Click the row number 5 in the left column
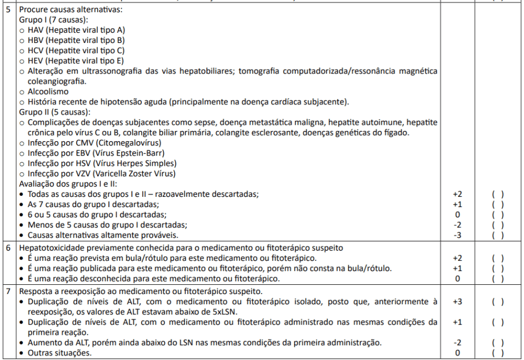click(x=8, y=10)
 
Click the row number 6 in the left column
click(x=8, y=247)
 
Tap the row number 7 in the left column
click(x=8, y=291)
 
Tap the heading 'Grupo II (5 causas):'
click(x=55, y=112)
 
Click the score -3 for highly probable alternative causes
click(x=457, y=235)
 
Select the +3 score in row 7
click(x=457, y=302)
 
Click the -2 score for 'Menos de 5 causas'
click(x=457, y=225)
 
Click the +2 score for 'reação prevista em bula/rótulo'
click(x=457, y=258)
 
